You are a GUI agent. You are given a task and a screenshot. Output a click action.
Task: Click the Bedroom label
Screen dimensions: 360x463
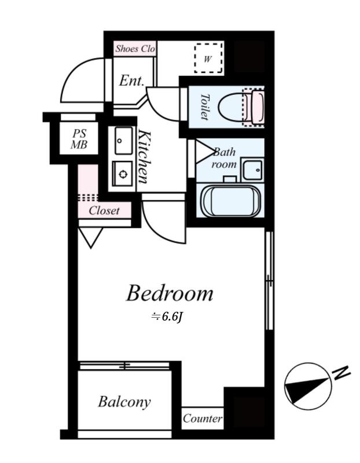(170, 293)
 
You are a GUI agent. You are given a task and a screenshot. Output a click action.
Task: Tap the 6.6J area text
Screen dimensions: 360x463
(167, 317)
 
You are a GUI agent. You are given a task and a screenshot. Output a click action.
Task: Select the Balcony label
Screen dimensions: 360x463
(124, 402)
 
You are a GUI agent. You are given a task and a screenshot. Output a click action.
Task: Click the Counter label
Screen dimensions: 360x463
(203, 418)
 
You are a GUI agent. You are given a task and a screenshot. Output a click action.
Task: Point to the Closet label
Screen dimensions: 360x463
(104, 211)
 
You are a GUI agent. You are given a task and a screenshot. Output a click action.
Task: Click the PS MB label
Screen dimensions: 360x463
(79, 139)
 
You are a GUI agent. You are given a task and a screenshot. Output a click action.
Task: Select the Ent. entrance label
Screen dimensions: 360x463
(132, 80)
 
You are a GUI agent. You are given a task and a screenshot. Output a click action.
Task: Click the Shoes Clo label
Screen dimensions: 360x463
(135, 49)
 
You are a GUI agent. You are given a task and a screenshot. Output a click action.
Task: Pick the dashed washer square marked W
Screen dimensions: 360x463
(208, 58)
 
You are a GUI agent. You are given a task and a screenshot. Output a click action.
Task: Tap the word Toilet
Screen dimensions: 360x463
(205, 107)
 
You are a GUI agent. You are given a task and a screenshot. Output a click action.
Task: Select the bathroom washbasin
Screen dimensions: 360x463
(252, 170)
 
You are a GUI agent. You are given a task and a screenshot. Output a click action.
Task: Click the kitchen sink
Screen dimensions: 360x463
(124, 141)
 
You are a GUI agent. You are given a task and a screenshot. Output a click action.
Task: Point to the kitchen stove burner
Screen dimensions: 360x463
(123, 174)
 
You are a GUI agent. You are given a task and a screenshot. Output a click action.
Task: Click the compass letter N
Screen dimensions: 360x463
(341, 373)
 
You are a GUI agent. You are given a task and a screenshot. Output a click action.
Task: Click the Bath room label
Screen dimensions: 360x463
(224, 158)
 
